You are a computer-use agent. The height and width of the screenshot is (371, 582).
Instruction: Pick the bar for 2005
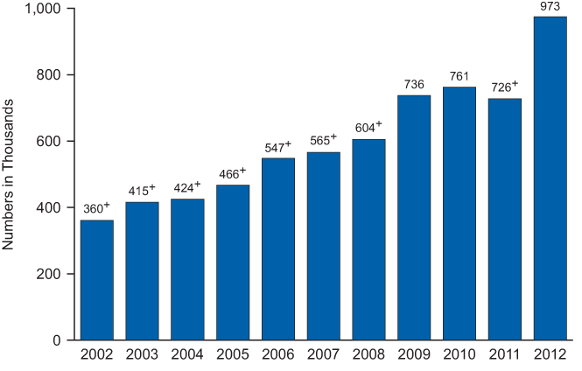click(x=233, y=262)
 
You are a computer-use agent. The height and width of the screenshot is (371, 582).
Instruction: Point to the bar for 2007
click(x=323, y=245)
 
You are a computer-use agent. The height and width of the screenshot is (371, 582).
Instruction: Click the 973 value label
click(x=550, y=8)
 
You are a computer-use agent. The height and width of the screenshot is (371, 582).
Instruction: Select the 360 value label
click(x=93, y=209)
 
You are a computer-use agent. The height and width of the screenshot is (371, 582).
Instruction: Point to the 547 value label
click(x=274, y=148)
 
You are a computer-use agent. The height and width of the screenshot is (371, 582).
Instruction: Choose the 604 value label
click(x=364, y=129)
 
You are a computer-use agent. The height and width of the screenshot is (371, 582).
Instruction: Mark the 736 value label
click(x=414, y=85)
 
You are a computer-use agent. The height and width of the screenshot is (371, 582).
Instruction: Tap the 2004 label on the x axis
click(x=187, y=354)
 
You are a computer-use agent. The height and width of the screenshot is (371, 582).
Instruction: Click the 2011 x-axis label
click(x=505, y=354)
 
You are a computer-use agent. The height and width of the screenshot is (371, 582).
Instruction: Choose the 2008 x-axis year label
click(x=368, y=354)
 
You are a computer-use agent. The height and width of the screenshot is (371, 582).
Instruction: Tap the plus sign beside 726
click(x=515, y=84)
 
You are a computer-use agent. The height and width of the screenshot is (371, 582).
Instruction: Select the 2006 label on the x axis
click(x=278, y=354)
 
